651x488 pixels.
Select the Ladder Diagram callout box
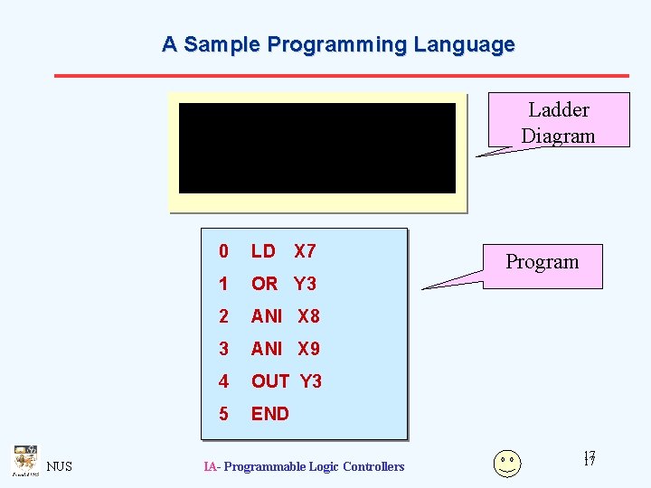pos(558,122)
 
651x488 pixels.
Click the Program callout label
pos(542,262)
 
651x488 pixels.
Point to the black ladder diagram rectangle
pos(316,148)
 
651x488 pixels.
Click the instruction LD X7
pos(283,251)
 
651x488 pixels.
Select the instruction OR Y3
pos(283,284)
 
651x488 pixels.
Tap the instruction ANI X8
pos(285,316)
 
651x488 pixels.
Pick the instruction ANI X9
pos(285,349)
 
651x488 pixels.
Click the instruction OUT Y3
pos(286,381)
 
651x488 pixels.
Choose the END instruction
pos(269,414)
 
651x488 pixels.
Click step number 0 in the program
pos(223,251)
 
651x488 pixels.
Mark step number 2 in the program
pos(223,316)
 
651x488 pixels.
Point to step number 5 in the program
pos(223,414)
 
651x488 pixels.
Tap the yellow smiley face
pos(507,463)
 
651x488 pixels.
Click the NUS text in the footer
pos(60,466)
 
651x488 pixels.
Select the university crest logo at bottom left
pos(24,460)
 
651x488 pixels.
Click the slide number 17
pos(589,459)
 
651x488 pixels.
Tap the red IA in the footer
pos(210,466)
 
